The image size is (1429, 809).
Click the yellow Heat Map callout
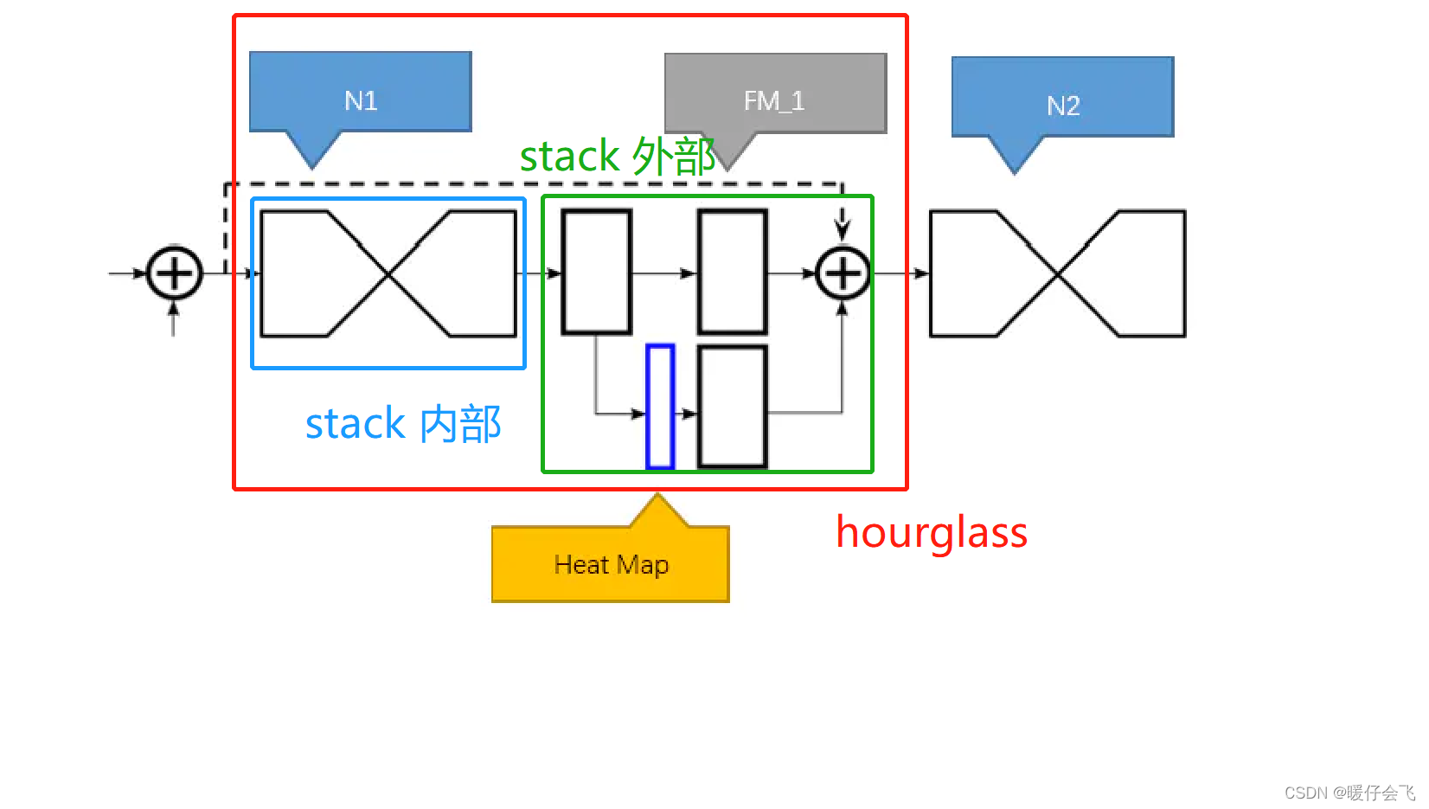(x=611, y=563)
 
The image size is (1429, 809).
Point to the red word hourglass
(x=932, y=532)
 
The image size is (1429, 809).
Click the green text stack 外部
(x=618, y=157)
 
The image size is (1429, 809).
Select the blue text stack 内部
(x=403, y=424)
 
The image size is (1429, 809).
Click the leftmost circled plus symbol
(x=175, y=273)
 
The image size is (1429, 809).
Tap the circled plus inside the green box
(x=843, y=273)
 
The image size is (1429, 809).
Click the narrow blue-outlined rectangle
(x=660, y=406)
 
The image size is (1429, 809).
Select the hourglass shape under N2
(x=1057, y=273)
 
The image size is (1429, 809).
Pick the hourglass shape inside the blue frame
(x=388, y=273)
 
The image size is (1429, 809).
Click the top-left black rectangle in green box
(x=597, y=272)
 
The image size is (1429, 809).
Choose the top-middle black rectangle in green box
(x=733, y=272)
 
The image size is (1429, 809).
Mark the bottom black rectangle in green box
(x=733, y=406)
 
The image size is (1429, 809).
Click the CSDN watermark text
(x=1349, y=793)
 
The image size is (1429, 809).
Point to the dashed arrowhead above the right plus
(x=843, y=230)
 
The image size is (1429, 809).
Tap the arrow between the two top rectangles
(x=687, y=273)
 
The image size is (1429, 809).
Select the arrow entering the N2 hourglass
(x=920, y=273)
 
